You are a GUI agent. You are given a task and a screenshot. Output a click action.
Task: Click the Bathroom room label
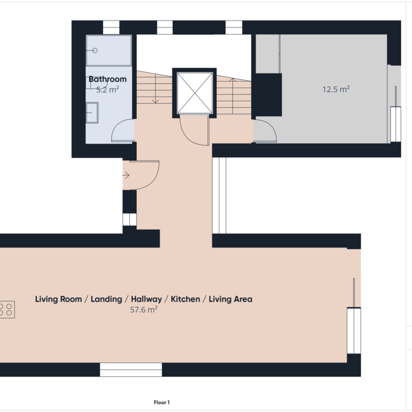107,79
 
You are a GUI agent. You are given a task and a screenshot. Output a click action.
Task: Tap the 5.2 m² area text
107,90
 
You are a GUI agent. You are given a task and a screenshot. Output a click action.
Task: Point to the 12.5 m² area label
336,89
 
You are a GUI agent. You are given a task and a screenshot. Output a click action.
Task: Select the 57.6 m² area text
144,310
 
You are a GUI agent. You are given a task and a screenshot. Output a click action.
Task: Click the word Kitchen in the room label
185,299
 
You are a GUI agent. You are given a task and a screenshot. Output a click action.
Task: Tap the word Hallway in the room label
146,299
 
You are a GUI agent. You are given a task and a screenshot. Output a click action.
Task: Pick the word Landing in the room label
106,299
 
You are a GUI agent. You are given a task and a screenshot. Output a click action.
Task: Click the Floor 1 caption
162,402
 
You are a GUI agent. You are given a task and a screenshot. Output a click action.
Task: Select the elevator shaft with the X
194,93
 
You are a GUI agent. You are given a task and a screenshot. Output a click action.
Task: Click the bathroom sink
92,113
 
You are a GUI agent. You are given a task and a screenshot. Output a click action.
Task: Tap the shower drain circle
95,51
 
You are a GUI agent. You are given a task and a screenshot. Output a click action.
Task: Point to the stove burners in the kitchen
6,310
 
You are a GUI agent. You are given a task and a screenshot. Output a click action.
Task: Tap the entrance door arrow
126,175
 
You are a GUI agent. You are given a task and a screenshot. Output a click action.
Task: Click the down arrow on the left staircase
156,89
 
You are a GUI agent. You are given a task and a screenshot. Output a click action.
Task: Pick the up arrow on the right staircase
232,96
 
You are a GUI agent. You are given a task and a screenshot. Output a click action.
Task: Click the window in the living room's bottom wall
131,370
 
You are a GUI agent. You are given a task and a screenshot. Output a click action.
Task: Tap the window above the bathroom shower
111,27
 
